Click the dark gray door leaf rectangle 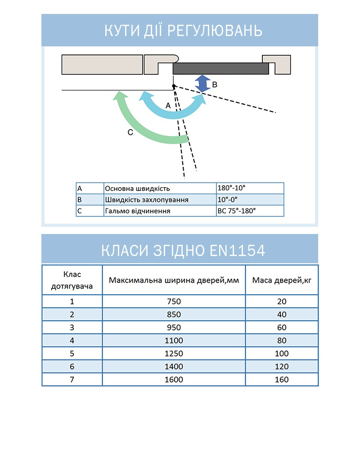pos(220,68)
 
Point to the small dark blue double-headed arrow pos(203,84)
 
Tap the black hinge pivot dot pos(174,86)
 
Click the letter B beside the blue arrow pos(215,84)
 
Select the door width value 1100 pos(174,341)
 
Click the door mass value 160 pos(282,380)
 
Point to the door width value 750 pos(174,301)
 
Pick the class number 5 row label pos(72,354)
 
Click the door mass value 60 pos(282,328)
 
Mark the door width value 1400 pos(174,367)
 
